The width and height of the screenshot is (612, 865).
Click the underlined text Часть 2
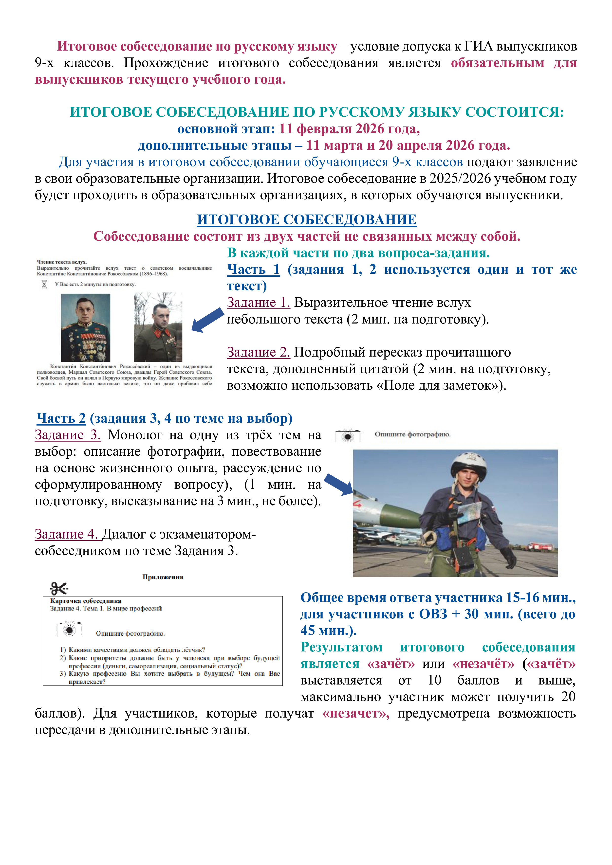[x=61, y=418]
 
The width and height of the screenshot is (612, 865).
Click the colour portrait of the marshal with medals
[x=86, y=327]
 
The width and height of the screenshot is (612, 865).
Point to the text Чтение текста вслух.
[x=62, y=262]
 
